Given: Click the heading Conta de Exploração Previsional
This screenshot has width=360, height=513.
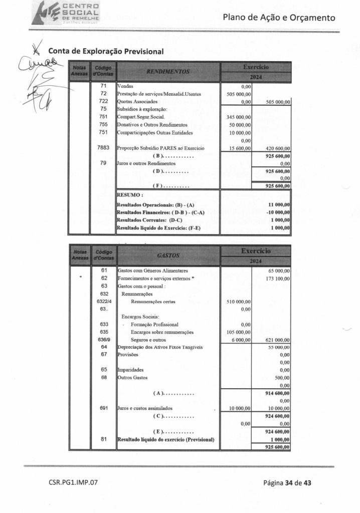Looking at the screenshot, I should (x=106, y=51).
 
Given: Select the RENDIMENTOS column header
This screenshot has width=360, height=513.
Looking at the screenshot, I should (x=167, y=72).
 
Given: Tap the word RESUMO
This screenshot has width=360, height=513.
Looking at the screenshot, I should (x=130, y=194).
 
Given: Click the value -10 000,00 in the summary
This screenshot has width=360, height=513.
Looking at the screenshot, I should (x=278, y=212).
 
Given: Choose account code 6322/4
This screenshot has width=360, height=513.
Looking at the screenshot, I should (x=103, y=302).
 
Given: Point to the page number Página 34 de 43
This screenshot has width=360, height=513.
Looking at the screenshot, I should (x=288, y=483).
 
